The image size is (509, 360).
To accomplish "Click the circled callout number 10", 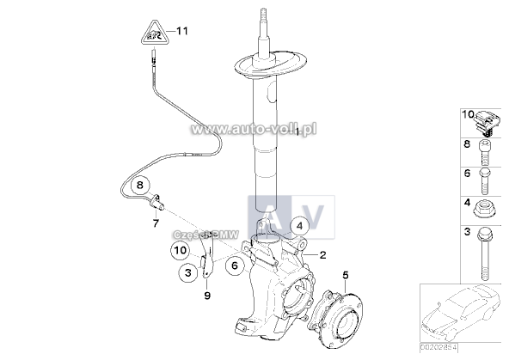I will click(x=179, y=251).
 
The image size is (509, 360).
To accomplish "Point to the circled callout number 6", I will click(x=234, y=266).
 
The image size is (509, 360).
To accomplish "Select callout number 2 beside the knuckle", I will click(x=322, y=254).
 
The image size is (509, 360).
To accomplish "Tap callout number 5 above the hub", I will click(x=345, y=276).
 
